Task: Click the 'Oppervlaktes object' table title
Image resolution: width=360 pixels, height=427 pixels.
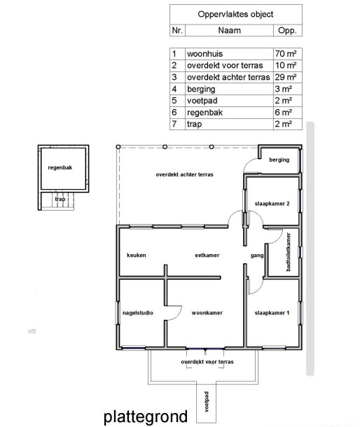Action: [x=235, y=14]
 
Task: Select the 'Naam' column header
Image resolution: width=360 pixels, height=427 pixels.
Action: [x=229, y=30]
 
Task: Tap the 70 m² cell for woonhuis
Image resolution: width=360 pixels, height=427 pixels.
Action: [x=286, y=54]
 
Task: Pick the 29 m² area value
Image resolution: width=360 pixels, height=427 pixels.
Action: [x=286, y=77]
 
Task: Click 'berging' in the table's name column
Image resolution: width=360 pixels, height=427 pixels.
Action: [x=201, y=89]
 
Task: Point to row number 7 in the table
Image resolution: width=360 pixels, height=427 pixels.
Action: [x=174, y=124]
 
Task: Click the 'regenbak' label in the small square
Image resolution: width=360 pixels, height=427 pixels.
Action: [x=60, y=167]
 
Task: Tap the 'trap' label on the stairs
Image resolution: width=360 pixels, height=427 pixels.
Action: [x=60, y=199]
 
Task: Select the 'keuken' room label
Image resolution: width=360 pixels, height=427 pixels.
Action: [x=137, y=255]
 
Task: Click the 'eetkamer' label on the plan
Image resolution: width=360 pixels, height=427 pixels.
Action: [x=207, y=255]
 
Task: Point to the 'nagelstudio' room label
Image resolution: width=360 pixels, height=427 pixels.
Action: [x=137, y=313]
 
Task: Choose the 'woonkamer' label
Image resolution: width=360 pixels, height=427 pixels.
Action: [x=207, y=313]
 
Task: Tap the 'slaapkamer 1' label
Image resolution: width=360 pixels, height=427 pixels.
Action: [x=272, y=313]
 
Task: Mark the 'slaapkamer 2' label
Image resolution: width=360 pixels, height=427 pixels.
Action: [x=272, y=204]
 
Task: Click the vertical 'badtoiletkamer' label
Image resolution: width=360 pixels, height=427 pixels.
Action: [x=289, y=252]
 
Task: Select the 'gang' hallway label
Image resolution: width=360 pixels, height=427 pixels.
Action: [x=257, y=255]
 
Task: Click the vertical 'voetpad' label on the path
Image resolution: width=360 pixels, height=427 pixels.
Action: [x=207, y=402]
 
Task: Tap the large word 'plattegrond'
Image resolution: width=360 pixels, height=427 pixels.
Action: [x=146, y=416]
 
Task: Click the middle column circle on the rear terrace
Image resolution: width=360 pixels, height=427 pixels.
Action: [x=165, y=147]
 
